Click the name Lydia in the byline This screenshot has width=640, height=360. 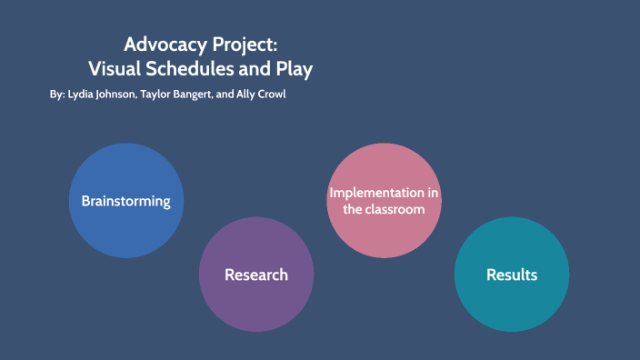click(83, 95)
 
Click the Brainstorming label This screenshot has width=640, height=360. click(125, 201)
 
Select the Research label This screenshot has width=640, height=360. click(256, 275)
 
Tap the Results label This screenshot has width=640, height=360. click(512, 275)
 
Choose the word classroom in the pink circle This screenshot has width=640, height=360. click(397, 209)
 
